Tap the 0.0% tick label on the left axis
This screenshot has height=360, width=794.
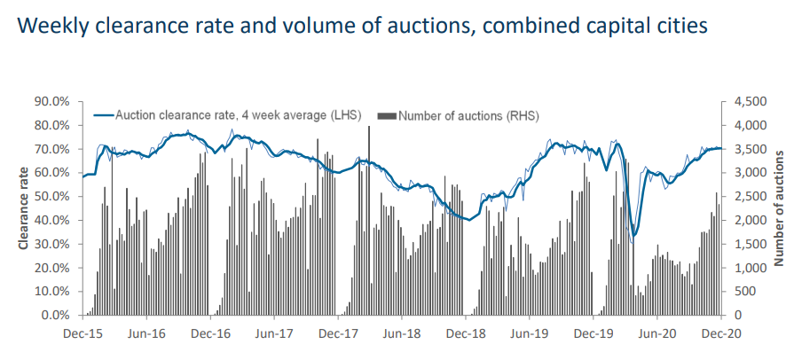56,315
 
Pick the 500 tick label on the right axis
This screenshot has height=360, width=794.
743,291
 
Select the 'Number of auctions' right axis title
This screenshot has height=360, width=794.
778,209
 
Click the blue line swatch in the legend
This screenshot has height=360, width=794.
103,115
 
